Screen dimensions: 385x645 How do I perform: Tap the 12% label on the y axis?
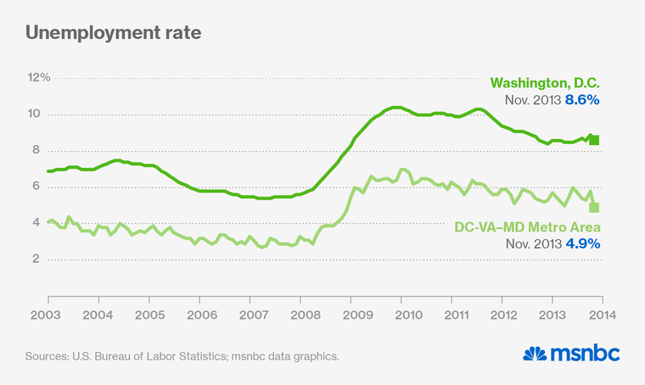(x=40, y=78)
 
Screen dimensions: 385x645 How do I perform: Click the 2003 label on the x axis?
(x=48, y=315)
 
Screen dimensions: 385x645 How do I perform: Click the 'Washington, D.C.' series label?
(x=545, y=83)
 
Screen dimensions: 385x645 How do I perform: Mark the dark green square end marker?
(x=594, y=140)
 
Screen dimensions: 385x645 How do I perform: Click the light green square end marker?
(x=594, y=207)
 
